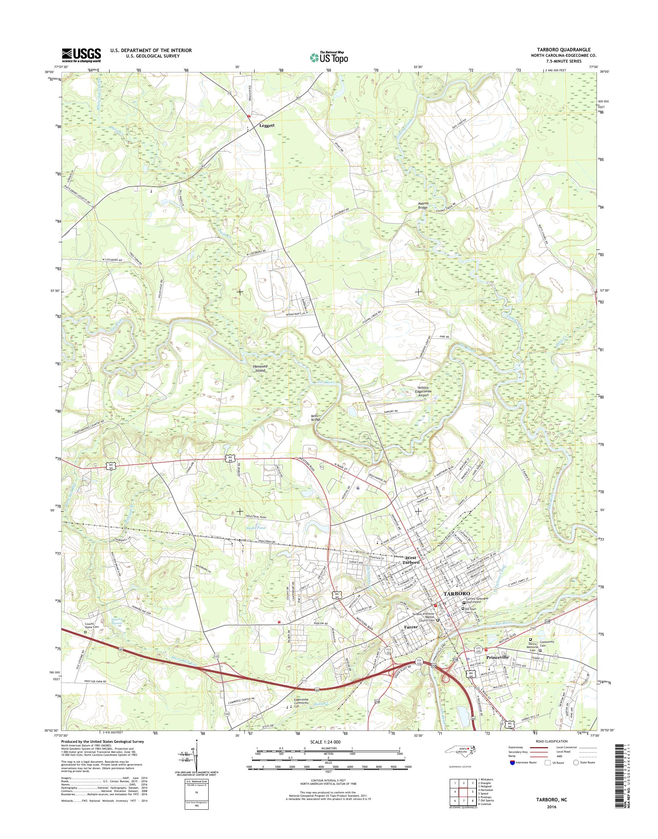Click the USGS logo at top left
pos(81,55)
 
